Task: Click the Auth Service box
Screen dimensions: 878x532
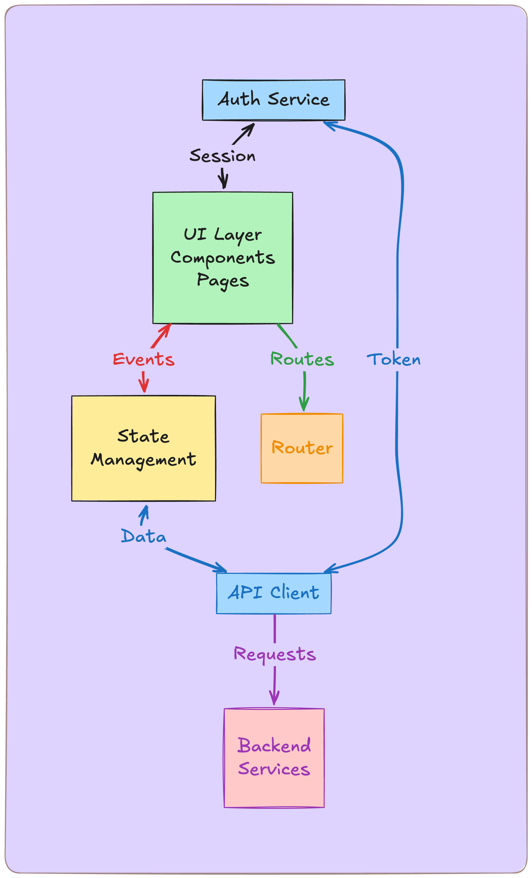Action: click(273, 100)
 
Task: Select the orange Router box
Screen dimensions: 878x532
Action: click(302, 448)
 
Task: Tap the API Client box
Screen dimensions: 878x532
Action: click(273, 593)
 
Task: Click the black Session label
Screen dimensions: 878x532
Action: click(223, 156)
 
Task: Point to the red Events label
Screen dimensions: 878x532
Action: click(144, 359)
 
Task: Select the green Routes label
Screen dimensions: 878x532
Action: click(302, 359)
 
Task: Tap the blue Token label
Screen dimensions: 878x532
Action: click(394, 359)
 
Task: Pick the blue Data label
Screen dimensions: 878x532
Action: click(144, 536)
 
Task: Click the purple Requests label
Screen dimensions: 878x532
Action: click(274, 654)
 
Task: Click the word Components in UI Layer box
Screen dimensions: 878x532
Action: click(223, 258)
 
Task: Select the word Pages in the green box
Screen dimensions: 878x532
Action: click(223, 280)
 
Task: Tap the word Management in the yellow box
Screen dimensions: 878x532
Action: click(143, 460)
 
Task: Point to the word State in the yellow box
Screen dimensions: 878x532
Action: click(143, 436)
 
